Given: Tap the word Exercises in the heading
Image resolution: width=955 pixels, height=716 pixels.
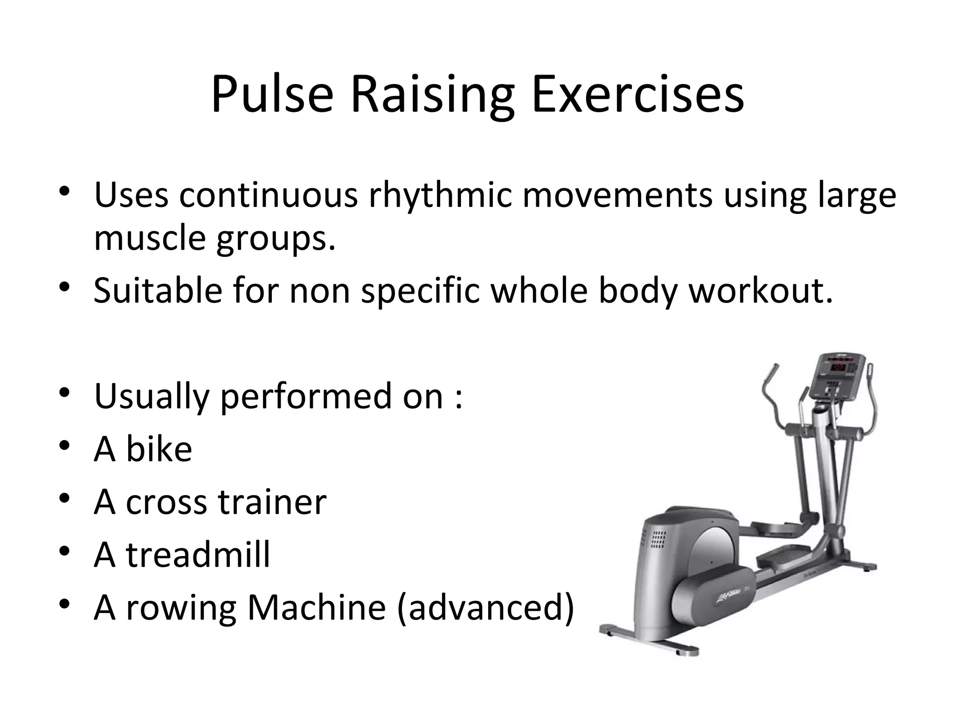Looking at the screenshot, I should [x=637, y=95].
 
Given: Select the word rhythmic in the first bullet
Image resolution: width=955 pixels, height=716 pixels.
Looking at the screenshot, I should [x=440, y=195].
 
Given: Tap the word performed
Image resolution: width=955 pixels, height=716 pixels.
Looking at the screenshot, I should [x=305, y=397].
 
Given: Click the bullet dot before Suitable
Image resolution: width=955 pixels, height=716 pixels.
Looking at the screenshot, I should [x=64, y=286].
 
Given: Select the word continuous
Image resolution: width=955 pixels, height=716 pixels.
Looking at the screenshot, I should [x=268, y=195].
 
